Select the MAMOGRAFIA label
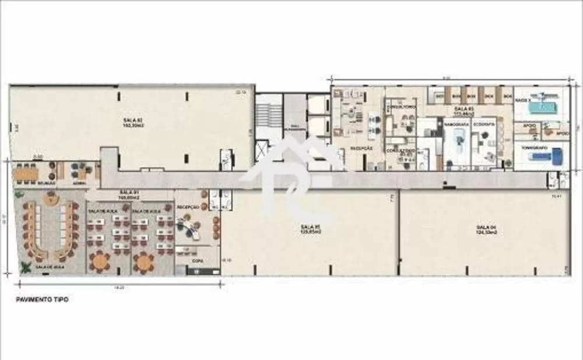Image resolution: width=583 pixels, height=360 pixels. point(454,125)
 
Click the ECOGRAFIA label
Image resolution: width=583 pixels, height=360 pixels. point(482,125)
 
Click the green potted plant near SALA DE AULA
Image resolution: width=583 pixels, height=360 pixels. point(26,268)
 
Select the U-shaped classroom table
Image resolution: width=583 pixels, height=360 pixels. point(48,228)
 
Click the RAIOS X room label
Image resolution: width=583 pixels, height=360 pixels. point(524,100)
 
